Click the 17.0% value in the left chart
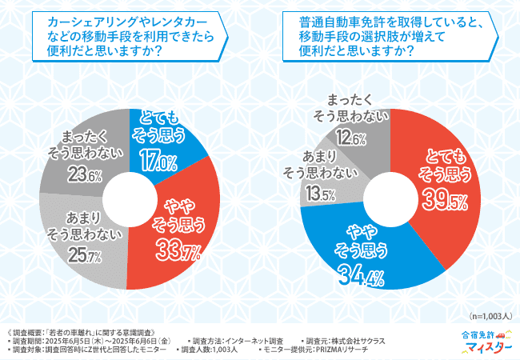[x=158, y=163]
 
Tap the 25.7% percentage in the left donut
[x=84, y=258]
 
